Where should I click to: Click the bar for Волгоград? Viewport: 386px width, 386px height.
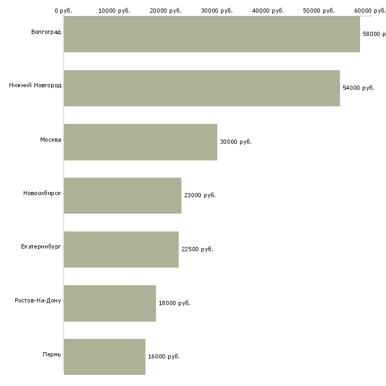point(212,34)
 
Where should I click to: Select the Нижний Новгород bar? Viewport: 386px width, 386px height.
point(201,88)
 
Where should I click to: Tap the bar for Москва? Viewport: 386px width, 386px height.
point(140,142)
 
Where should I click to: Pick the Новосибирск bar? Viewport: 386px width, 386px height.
point(122,196)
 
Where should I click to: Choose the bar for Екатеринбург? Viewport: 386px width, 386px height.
point(121,249)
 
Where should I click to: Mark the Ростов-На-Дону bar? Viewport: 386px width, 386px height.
point(109,303)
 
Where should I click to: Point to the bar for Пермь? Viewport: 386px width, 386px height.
point(104,356)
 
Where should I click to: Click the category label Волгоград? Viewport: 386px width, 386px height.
point(46,32)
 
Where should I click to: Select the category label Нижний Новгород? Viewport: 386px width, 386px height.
point(35,86)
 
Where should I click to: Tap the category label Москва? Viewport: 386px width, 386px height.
point(50,140)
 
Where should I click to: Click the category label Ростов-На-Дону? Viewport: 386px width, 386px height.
point(38,301)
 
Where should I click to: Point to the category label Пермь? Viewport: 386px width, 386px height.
point(52,354)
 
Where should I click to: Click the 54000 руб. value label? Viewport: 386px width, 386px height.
point(359,88)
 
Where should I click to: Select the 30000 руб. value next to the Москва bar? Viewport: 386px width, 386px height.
point(236,142)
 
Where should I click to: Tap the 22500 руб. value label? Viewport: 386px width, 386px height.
point(197,250)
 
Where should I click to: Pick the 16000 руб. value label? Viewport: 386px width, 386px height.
point(164,357)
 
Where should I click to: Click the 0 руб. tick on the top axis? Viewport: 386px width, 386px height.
point(63,11)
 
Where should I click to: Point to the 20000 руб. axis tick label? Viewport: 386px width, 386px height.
point(166,11)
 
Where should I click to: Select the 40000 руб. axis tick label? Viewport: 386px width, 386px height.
point(269,11)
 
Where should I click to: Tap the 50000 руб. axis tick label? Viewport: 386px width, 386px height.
point(319,11)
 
